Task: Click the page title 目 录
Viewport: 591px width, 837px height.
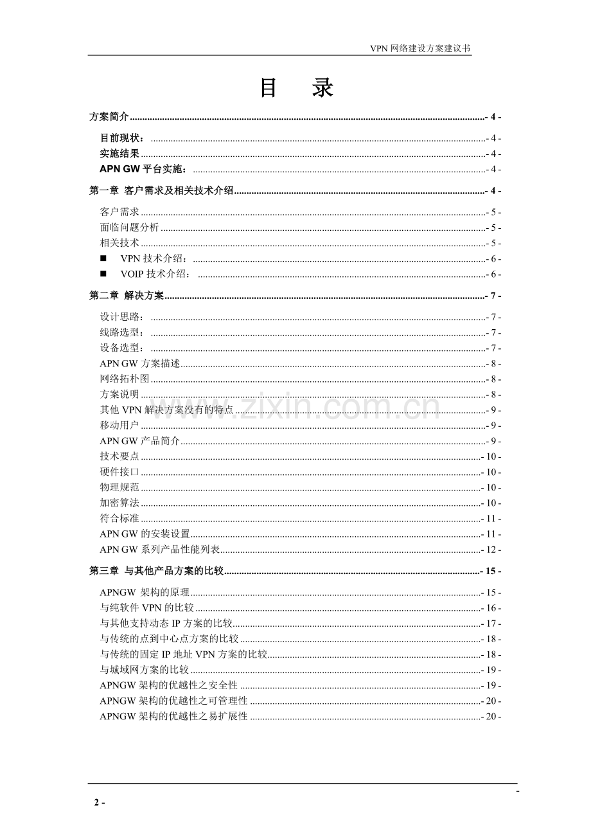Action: [296, 89]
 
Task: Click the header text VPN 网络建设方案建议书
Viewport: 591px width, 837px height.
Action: [421, 49]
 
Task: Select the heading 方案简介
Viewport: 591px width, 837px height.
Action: [109, 117]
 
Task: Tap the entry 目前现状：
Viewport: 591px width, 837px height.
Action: [123, 138]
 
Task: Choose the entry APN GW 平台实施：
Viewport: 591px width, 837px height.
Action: [144, 169]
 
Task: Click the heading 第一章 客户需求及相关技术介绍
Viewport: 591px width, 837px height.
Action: [161, 191]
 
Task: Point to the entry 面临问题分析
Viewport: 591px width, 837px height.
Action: [129, 228]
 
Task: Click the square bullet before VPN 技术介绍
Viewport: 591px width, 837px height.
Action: [103, 259]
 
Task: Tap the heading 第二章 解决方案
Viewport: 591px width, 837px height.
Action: [127, 296]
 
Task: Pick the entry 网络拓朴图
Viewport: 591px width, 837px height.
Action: [125, 379]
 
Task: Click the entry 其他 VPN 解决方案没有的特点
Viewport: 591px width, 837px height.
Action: [166, 410]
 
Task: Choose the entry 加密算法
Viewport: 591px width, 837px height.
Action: [119, 503]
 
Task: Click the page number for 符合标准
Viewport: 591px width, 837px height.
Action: [491, 519]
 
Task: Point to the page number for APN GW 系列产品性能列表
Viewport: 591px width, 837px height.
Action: [491, 550]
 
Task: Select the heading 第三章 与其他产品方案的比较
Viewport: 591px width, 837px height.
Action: [156, 571]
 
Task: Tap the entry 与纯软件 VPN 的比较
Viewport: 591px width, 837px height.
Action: [146, 608]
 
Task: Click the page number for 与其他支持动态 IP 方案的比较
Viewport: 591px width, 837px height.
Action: [491, 624]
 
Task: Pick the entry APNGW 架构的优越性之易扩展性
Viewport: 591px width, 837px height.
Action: [173, 716]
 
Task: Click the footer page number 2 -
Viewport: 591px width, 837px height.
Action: [99, 802]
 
